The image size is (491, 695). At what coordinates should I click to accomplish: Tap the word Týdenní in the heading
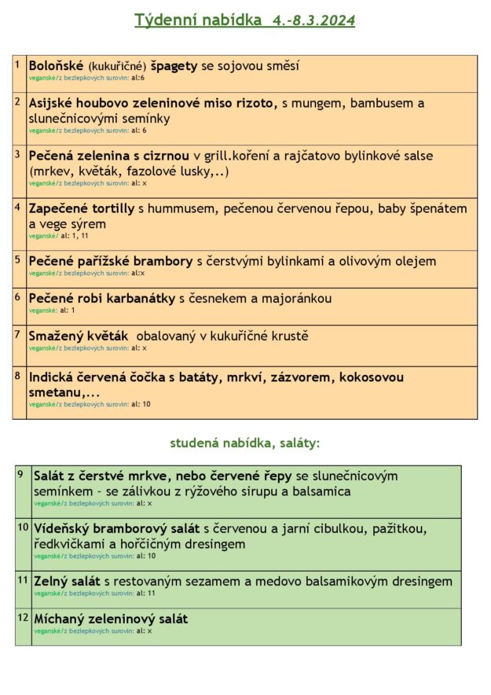[160, 20]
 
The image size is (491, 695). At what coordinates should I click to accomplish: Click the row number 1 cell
[19, 73]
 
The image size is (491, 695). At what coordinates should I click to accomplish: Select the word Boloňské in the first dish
[56, 66]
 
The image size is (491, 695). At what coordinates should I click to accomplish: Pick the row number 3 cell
[19, 171]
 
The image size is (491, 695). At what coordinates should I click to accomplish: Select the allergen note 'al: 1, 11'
[75, 236]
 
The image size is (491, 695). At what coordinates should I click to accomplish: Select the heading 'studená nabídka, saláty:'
[245, 443]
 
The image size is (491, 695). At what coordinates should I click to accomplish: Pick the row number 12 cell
[23, 627]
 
